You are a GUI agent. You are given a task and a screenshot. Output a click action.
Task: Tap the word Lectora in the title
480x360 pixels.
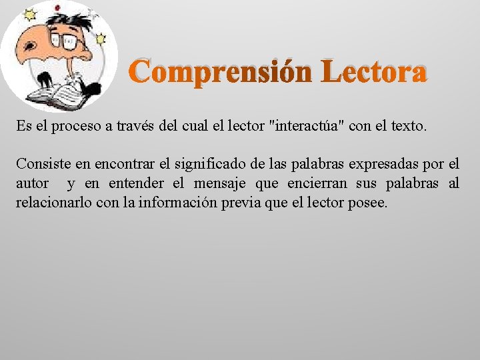tap(373, 73)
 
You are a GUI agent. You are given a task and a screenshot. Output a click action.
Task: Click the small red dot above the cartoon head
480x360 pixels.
tap(57, 8)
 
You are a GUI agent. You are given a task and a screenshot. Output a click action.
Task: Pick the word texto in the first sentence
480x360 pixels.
tap(405, 126)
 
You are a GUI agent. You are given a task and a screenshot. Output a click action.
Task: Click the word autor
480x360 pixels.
tap(33, 183)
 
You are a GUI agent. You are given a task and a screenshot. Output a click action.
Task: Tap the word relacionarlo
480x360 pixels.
tap(55, 203)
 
